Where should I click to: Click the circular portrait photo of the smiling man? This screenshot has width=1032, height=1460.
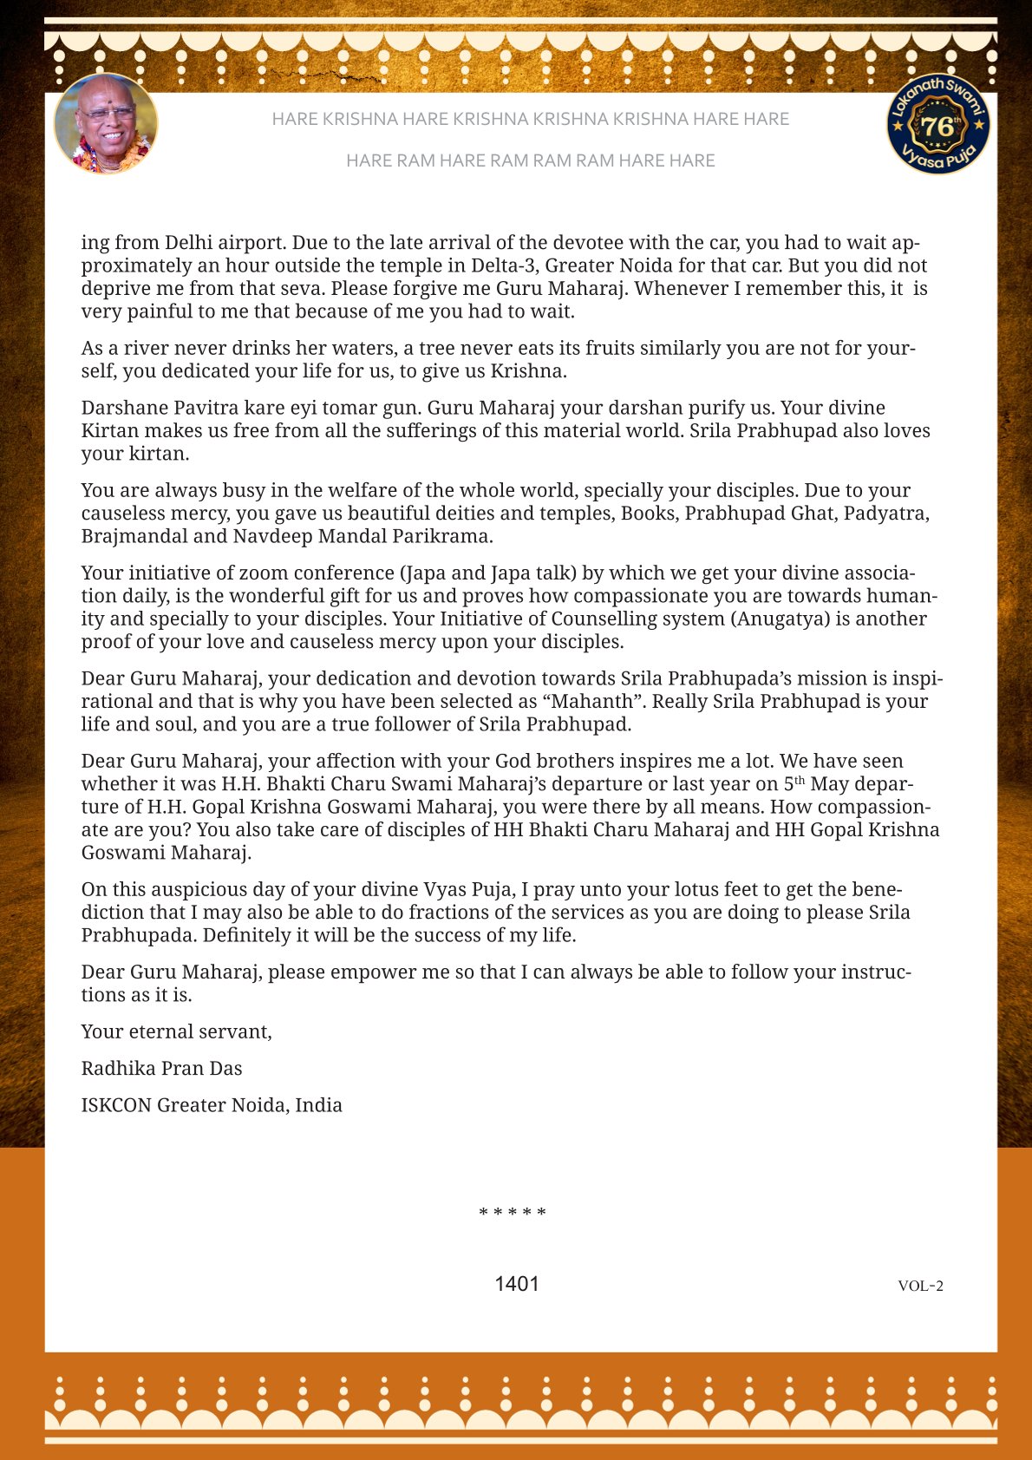106,124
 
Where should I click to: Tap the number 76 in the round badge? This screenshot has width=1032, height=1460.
937,127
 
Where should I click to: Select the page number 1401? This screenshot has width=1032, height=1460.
517,1284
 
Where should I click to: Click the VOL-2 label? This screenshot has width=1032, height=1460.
920,1286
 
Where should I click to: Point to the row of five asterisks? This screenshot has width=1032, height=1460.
513,1212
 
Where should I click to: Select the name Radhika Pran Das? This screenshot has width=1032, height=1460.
161,1069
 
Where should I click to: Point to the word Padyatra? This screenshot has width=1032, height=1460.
885,514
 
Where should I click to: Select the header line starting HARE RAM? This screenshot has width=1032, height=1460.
530,160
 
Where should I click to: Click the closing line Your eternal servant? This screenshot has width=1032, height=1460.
176,1031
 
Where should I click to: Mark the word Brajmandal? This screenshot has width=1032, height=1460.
134,536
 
